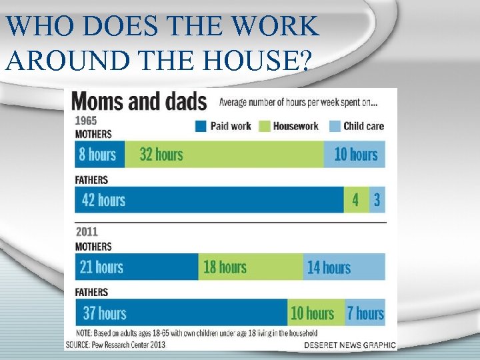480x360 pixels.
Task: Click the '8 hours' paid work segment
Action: [x=99, y=155]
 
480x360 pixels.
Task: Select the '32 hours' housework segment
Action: [x=224, y=155]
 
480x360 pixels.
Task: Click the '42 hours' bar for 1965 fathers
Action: [x=209, y=200]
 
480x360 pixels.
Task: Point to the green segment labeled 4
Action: [x=356, y=200]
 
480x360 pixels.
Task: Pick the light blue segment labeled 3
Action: [x=377, y=200]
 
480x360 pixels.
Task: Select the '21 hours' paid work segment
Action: [x=137, y=267]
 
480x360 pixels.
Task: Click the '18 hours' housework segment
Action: [x=251, y=267]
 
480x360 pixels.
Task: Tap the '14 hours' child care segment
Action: [x=344, y=267]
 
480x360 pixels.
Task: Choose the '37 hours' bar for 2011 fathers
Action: [x=181, y=313]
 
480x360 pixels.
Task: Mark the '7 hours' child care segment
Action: [x=365, y=313]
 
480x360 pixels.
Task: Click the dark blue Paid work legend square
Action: [x=201, y=126]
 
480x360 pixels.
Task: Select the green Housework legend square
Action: [x=264, y=126]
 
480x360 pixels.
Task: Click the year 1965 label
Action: [x=86, y=121]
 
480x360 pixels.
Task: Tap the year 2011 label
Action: [x=87, y=232]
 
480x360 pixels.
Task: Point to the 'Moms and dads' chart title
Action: [x=140, y=102]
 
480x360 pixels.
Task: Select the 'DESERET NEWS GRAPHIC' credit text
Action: [x=350, y=345]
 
